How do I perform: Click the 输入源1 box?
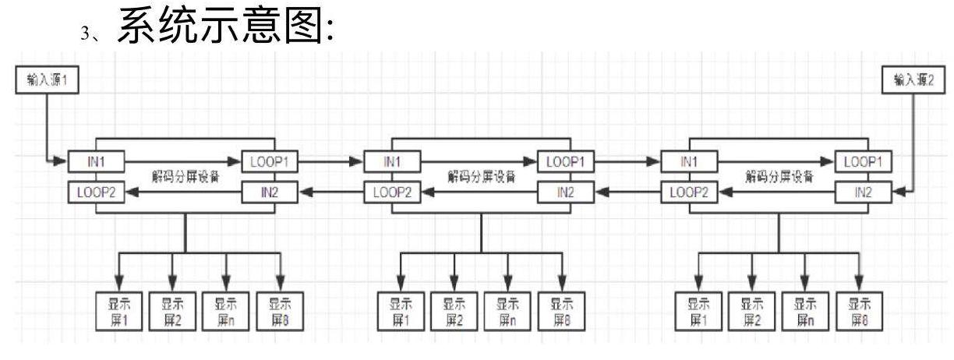click(x=48, y=79)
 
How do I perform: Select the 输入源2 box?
click(x=913, y=79)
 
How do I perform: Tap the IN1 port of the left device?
click(x=96, y=161)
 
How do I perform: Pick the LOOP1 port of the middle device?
click(x=566, y=161)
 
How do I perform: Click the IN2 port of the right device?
click(x=864, y=192)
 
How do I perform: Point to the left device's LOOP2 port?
click(x=96, y=192)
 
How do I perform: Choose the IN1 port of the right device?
click(x=689, y=161)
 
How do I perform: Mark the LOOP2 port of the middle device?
click(x=392, y=192)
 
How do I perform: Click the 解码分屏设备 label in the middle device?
click(x=481, y=176)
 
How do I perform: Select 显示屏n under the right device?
click(x=805, y=312)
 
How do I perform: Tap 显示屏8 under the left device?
click(x=280, y=312)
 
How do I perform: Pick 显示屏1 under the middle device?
click(x=401, y=312)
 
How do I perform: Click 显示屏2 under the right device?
click(x=751, y=312)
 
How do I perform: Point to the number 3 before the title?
click(x=85, y=34)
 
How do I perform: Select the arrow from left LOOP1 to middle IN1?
click(x=330, y=161)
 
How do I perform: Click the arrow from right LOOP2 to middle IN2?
click(x=627, y=192)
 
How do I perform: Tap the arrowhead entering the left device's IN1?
click(x=61, y=161)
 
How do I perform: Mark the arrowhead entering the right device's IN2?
click(x=899, y=192)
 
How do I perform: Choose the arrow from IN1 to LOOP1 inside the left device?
click(x=183, y=161)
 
